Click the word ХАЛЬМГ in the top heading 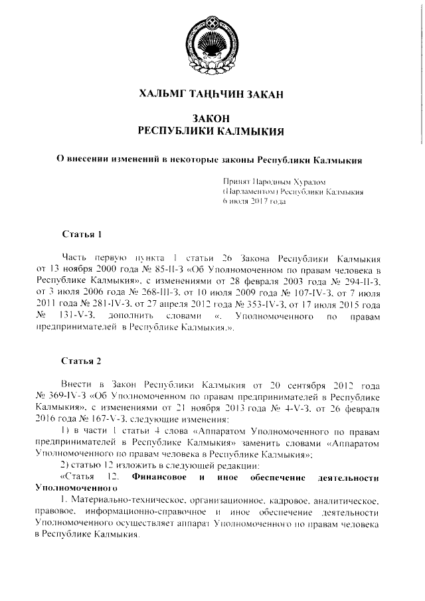click(x=164, y=94)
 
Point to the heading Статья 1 click(x=81, y=235)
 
